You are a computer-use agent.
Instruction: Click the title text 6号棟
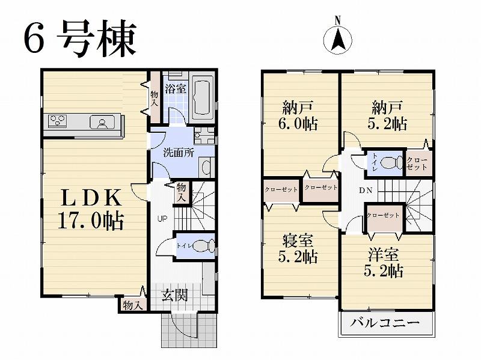coord(80,39)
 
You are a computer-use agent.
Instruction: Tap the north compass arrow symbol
coord(337,40)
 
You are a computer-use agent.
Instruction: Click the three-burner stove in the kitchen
coord(58,121)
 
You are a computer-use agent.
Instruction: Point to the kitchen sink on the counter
coord(101,123)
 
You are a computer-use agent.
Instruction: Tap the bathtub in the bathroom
coord(201,99)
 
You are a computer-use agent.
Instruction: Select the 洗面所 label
coord(179,152)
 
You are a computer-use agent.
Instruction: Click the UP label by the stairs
coord(162,219)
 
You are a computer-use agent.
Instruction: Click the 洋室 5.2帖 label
coord(385,262)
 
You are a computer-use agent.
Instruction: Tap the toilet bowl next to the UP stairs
coord(206,246)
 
